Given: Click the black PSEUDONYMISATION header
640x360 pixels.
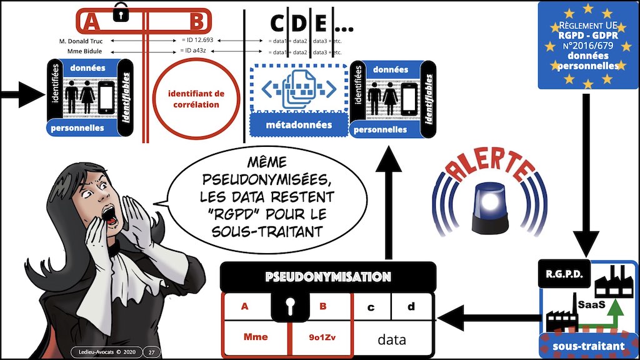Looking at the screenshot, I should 327,276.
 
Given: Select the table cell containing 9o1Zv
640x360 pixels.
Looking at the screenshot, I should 321,337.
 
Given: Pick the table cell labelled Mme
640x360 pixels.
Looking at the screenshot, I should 256,337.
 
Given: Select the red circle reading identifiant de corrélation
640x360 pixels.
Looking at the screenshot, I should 196,99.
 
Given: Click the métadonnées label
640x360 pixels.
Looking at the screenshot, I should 299,125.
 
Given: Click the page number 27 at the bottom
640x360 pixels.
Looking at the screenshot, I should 151,352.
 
